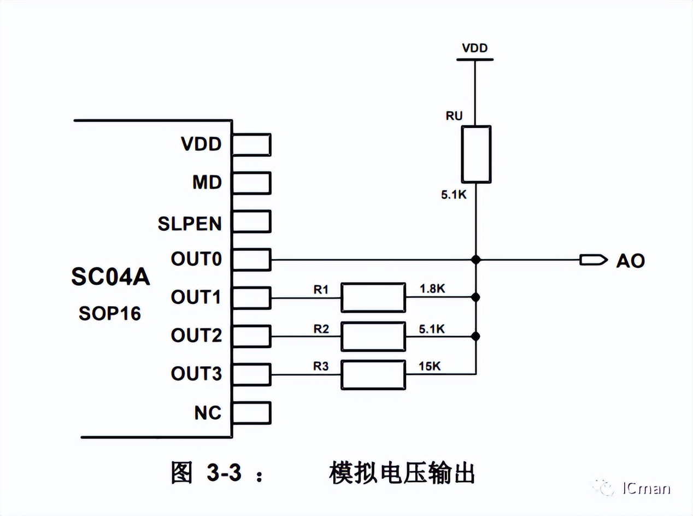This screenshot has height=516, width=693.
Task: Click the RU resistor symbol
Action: coord(475,154)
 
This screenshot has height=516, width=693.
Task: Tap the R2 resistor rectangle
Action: coord(373,336)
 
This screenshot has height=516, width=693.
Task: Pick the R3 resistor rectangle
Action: coord(373,374)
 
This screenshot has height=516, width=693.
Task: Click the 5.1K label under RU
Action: coord(454,195)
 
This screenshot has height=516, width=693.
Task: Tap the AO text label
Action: coord(630,261)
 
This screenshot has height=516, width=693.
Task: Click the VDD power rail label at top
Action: coord(475,48)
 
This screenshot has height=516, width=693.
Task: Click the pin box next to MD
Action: coord(251,183)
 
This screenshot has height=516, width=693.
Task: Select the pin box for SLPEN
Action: coord(251,221)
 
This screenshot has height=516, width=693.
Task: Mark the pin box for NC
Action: coord(251,413)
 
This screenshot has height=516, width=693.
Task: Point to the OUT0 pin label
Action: coord(196,259)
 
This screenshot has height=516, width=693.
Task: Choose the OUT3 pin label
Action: coord(196,374)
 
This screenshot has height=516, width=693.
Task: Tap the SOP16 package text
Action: coord(109,313)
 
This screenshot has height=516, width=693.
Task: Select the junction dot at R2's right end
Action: coord(476,336)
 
